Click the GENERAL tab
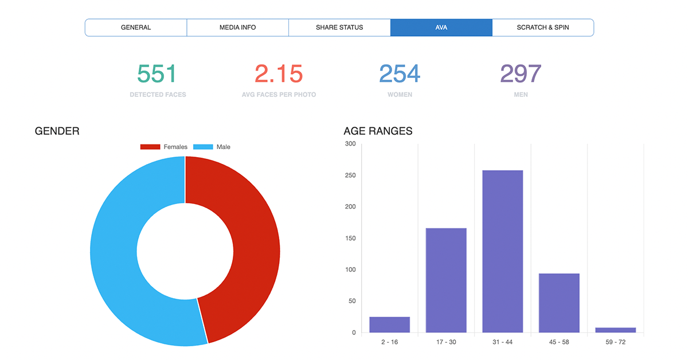click(136, 28)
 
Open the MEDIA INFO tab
click(238, 28)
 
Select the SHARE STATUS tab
click(339, 28)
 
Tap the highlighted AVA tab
click(441, 28)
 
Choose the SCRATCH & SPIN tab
click(543, 28)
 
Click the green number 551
click(157, 74)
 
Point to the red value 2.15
click(279, 74)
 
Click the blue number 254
click(400, 74)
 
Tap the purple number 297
click(521, 74)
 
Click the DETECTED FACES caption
click(158, 95)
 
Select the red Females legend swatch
click(150, 147)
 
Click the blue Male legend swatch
click(203, 147)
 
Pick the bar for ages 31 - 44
click(502, 251)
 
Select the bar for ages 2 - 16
click(389, 324)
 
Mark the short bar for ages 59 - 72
click(616, 330)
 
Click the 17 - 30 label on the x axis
click(446, 342)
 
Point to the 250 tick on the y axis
click(350, 175)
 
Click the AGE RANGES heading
click(378, 131)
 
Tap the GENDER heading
click(57, 131)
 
